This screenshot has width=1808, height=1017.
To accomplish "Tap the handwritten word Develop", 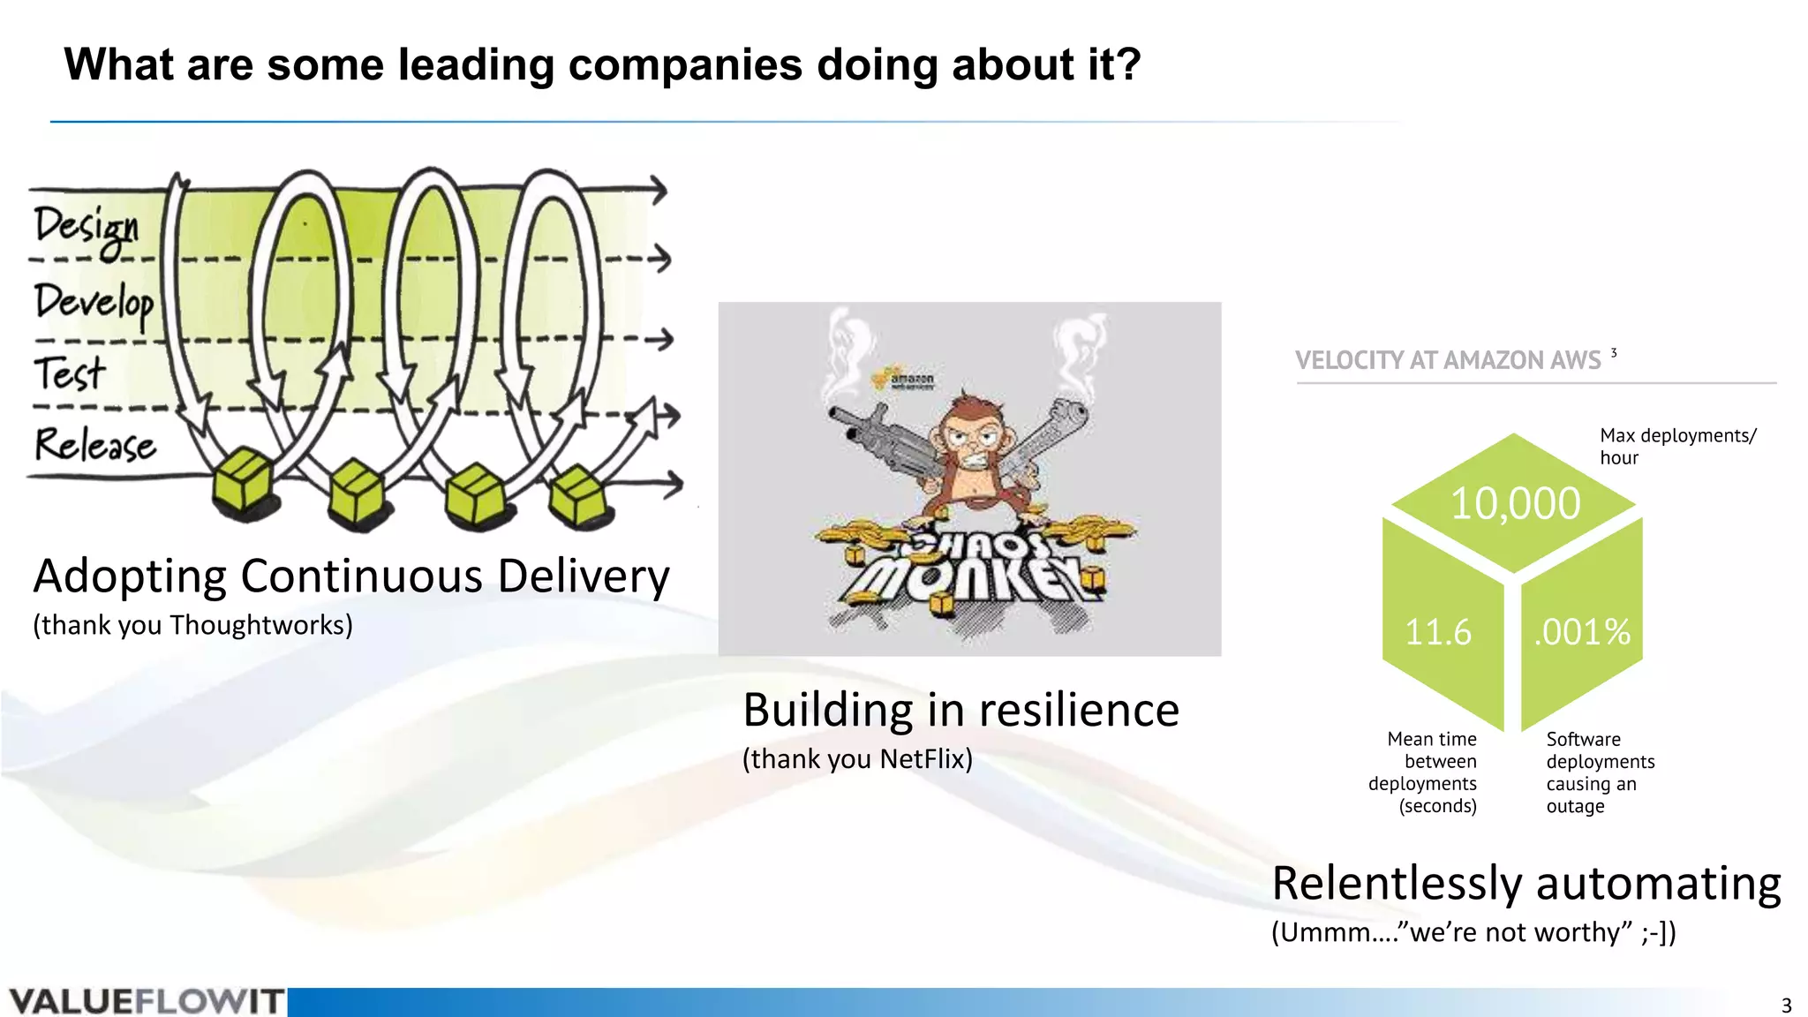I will pos(94,303).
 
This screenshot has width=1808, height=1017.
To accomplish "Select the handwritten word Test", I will pos(69,373).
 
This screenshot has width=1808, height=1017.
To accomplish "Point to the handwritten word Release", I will pos(94,444).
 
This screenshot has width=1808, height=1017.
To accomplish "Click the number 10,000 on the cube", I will pos(1515,504).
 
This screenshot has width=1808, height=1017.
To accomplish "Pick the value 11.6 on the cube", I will pos(1438,632).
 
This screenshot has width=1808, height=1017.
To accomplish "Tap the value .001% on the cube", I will pos(1581,632).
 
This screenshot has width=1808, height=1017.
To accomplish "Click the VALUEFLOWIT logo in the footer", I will pos(146,1002).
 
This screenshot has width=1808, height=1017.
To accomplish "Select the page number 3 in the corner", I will pos(1786,1006).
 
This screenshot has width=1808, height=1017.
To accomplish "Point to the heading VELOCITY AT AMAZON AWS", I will pos(1448,360).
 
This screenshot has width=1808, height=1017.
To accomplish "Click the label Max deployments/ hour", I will pos(1677,446).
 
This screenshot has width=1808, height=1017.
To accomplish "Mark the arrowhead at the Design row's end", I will pos(659,189).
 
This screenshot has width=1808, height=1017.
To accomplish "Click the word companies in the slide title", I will pos(686,64).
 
